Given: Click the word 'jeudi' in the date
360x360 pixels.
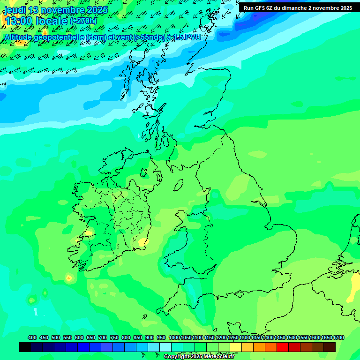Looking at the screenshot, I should click(x=15, y=10).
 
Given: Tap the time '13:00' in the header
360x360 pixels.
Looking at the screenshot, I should click(x=19, y=22).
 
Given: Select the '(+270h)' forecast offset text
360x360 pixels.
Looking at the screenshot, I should click(x=83, y=21).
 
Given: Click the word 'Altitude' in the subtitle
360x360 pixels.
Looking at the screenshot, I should click(x=21, y=37).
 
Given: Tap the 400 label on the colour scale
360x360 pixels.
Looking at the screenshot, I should click(x=32, y=337).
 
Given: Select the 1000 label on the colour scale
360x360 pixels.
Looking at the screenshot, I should click(x=174, y=337).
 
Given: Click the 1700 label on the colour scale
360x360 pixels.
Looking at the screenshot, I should click(x=338, y=337).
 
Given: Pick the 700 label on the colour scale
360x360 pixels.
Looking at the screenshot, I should click(x=103, y=337).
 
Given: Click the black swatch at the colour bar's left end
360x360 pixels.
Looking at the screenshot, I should click(x=25, y=347).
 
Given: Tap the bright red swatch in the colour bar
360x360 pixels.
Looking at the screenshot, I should click(x=283, y=347).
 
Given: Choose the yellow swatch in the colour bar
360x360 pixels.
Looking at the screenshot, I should click(x=236, y=347).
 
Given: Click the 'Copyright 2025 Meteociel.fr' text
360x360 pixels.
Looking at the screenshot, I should click(x=199, y=357).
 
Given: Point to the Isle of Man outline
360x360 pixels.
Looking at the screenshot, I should click(x=178, y=184).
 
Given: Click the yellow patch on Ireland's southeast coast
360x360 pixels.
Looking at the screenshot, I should click(x=142, y=242).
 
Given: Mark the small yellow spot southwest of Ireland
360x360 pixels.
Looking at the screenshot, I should click(x=69, y=278).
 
